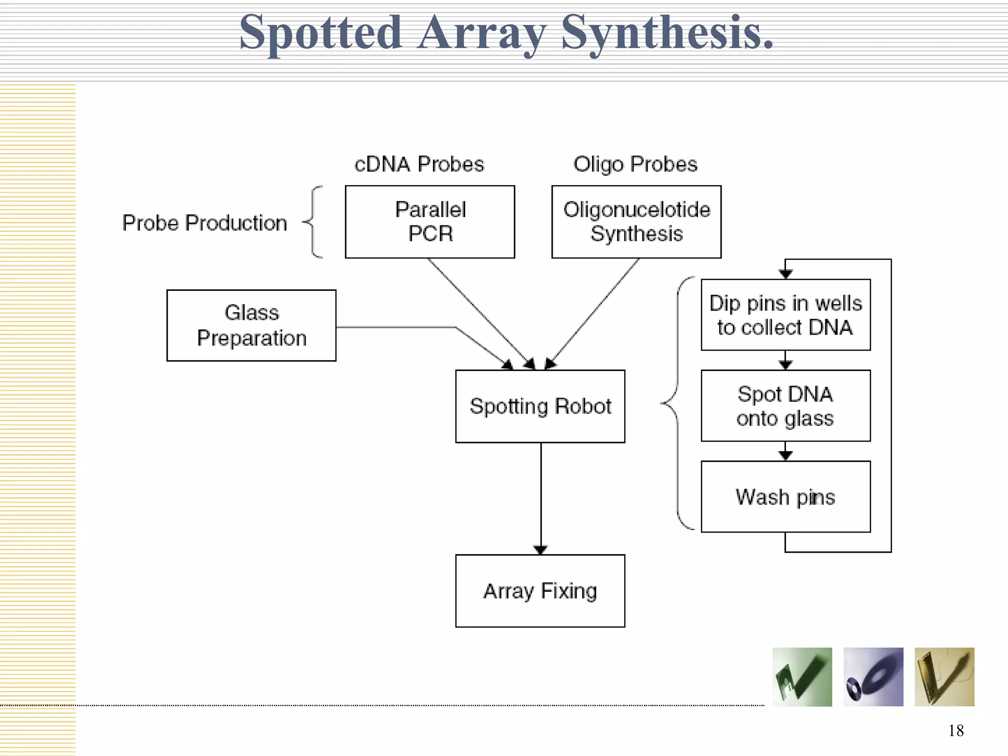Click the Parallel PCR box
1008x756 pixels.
tap(430, 221)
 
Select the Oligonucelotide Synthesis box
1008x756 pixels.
tap(636, 221)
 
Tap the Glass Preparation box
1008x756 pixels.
tap(251, 325)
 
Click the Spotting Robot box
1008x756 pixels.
tap(540, 406)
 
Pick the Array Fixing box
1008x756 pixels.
tap(540, 591)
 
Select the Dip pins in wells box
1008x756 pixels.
tap(786, 315)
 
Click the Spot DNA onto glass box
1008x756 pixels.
tap(786, 406)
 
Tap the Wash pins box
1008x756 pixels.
tap(786, 496)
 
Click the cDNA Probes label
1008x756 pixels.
tap(419, 164)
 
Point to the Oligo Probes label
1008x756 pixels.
tap(635, 164)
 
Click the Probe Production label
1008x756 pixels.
tap(204, 223)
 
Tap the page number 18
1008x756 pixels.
tap(956, 730)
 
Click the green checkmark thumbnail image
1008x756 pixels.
tap(802, 677)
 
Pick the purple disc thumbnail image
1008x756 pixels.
tap(873, 677)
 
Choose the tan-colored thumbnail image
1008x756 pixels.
tap(944, 677)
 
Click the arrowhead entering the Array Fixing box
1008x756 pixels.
tap(540, 550)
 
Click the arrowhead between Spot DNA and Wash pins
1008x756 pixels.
tap(786, 455)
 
